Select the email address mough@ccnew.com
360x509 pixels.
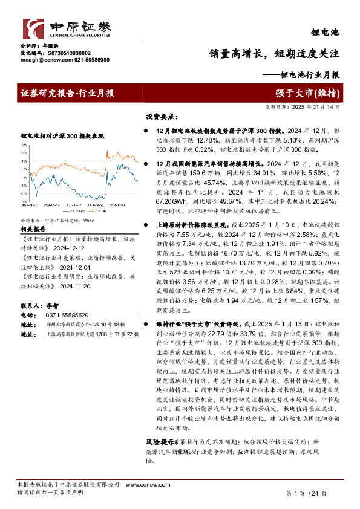44,60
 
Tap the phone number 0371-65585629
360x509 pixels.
67,315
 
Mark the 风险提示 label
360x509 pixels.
160,443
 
